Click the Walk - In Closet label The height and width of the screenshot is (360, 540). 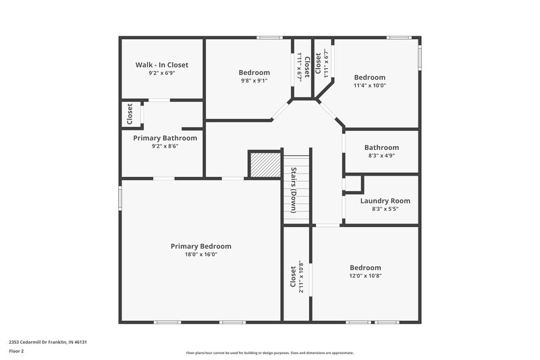161,65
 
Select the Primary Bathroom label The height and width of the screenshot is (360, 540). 165,138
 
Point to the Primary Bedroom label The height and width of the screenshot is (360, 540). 200,247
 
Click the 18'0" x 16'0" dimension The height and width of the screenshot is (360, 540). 200,255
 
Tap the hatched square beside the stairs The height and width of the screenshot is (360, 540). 265,164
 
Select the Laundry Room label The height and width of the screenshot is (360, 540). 385,201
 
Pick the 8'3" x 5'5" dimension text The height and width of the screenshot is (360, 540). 385,209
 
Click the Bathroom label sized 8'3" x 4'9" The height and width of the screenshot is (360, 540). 381,147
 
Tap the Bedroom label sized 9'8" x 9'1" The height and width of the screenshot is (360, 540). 254,72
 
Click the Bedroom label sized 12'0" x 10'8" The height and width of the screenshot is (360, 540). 364,267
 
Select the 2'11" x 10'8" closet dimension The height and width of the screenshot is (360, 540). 301,277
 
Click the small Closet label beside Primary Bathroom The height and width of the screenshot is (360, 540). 130,114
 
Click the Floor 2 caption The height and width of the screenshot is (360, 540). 16,351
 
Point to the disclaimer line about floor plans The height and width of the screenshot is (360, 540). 269,353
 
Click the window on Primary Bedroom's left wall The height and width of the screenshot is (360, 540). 121,199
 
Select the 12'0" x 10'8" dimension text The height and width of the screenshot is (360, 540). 364,276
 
